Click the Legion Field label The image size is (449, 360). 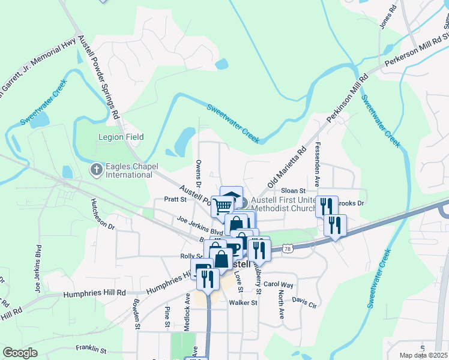click(x=121, y=137)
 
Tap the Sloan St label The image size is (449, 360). click(x=294, y=190)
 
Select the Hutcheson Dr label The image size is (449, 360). click(x=103, y=214)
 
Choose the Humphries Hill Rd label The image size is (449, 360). click(x=95, y=293)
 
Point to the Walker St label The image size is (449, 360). click(x=243, y=303)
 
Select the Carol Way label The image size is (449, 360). click(x=278, y=284)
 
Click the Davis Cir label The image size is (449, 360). click(x=304, y=301)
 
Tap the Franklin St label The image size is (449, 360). click(x=91, y=348)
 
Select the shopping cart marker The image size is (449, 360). click(x=223, y=206)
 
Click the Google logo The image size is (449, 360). click(x=20, y=353)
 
